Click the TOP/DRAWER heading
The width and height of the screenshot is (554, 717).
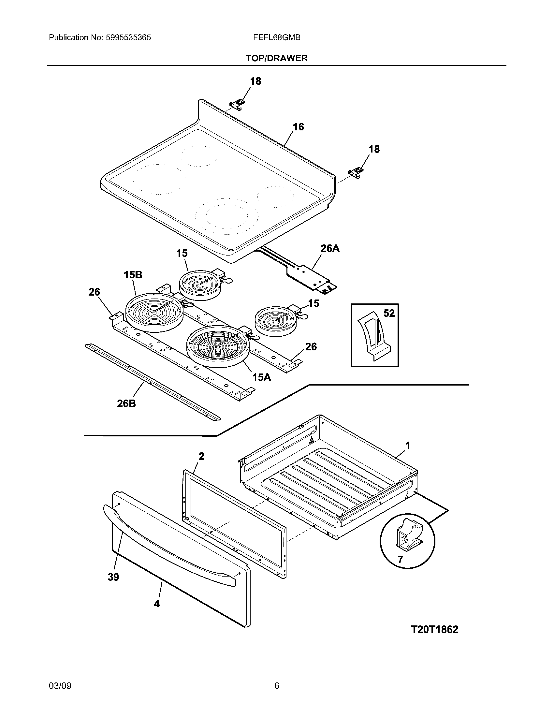[277, 58]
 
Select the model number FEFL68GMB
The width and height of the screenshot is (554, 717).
[277, 37]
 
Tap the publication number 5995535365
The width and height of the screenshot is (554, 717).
[128, 37]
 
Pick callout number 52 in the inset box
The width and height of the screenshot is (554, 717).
[389, 313]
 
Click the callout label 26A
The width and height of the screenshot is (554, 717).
[330, 249]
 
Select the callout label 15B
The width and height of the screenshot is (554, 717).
[133, 275]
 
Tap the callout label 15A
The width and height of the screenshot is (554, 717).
[262, 377]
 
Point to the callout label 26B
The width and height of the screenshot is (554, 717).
[126, 403]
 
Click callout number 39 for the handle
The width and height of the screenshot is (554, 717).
[113, 577]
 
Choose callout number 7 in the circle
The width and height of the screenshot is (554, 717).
[400, 560]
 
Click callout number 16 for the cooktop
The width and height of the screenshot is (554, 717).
[298, 127]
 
